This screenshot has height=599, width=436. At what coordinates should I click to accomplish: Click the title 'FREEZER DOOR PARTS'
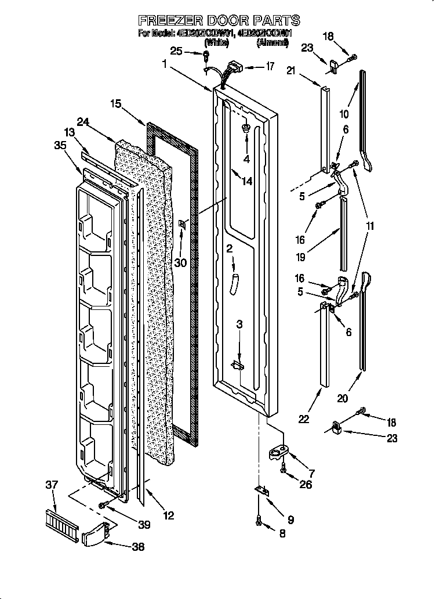pos(219,20)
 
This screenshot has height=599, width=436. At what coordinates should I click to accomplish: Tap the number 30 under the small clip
pos(181,262)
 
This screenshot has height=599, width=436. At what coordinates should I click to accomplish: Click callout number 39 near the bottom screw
pos(144,525)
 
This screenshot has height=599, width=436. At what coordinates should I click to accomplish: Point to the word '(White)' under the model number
pos(217,42)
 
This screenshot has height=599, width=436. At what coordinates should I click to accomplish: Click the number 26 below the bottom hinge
pos(306,484)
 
